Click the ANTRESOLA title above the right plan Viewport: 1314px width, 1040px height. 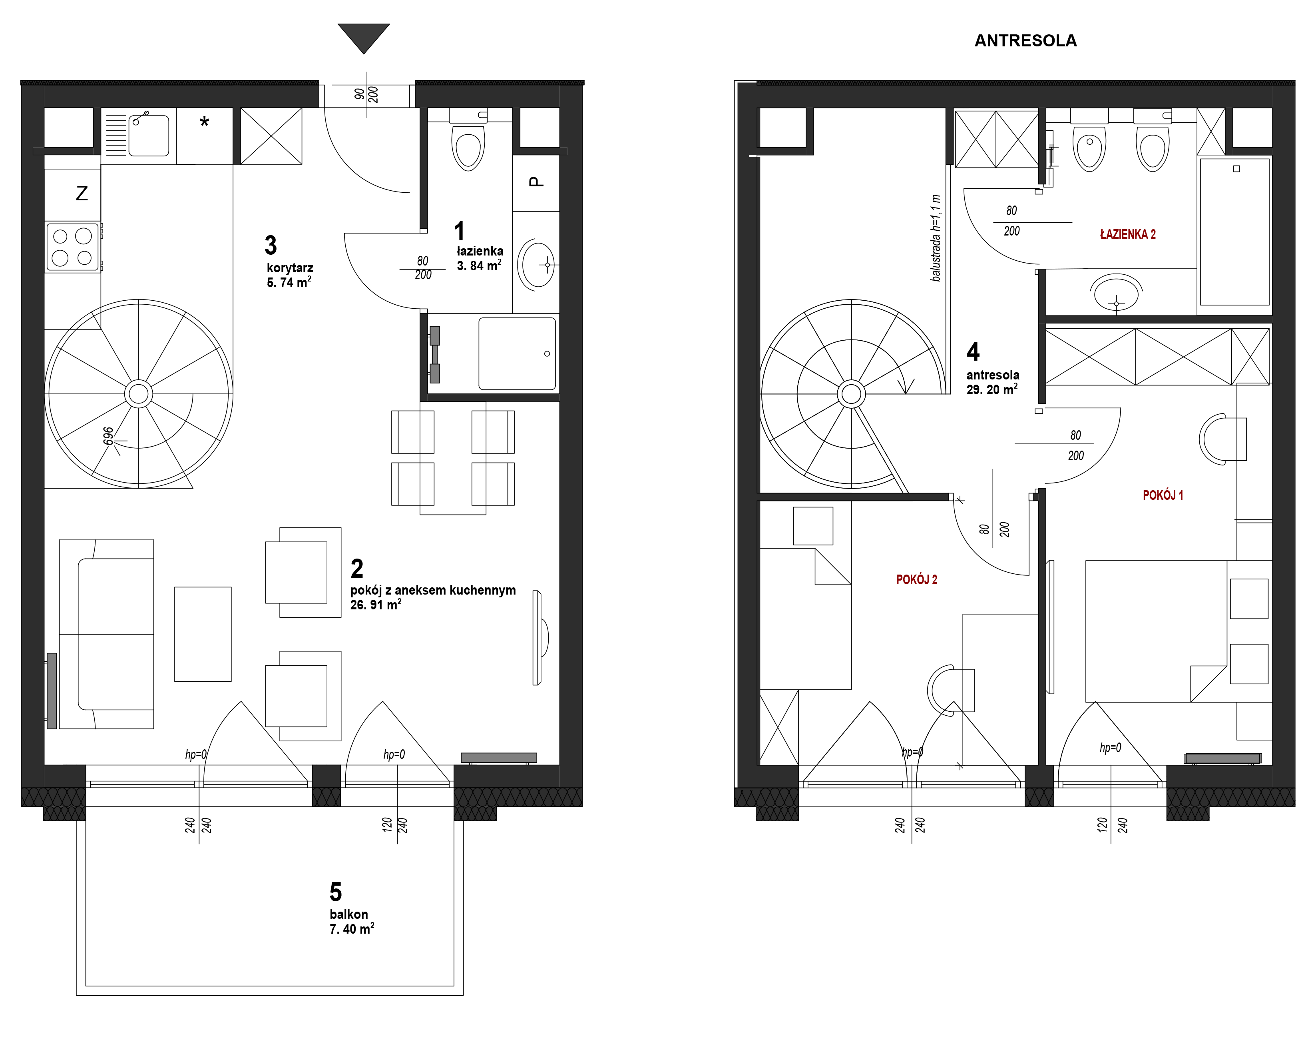[x=1025, y=41]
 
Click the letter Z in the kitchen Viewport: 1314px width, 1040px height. [x=82, y=194]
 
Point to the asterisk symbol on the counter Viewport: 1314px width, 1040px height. [x=205, y=122]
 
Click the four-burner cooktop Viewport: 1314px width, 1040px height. [x=72, y=247]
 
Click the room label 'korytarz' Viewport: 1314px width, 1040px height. [x=290, y=268]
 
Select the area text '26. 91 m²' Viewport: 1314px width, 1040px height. [x=376, y=605]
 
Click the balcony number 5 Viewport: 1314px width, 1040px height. [x=336, y=892]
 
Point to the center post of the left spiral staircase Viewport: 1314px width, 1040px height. [x=139, y=394]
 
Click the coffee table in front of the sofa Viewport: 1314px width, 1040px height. [x=203, y=634]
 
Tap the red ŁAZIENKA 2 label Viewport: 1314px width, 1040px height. [x=1128, y=234]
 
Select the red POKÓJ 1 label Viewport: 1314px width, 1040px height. [x=1163, y=495]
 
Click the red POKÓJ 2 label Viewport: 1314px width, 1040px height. [x=917, y=580]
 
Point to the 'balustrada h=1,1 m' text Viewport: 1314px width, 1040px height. [x=936, y=238]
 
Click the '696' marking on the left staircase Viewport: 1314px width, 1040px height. [x=108, y=436]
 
